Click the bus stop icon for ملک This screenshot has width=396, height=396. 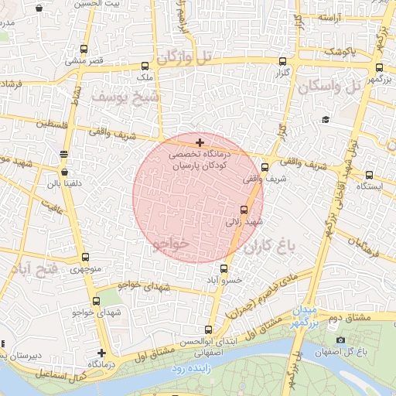pyautogui.click(x=145, y=66)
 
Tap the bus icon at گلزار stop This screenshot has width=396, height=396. pyautogui.click(x=282, y=61)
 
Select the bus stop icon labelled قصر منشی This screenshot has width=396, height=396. pyautogui.click(x=84, y=47)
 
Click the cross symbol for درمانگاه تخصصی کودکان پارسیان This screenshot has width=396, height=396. pyautogui.click(x=200, y=142)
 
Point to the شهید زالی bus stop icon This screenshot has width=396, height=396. pyautogui.click(x=244, y=209)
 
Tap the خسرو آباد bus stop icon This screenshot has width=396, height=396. pyautogui.click(x=224, y=268)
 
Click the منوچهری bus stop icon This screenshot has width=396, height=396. pyautogui.click(x=84, y=257)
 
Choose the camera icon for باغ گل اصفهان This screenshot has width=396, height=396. pyautogui.click(x=340, y=340)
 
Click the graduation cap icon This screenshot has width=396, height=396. pyautogui.click(x=326, y=119)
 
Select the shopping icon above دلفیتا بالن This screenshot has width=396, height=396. pyautogui.click(x=64, y=172)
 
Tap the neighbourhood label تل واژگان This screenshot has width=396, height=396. pyautogui.click(x=183, y=56)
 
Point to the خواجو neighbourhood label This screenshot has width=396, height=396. pyautogui.click(x=171, y=244)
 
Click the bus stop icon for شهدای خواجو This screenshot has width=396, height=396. pyautogui.click(x=96, y=301)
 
